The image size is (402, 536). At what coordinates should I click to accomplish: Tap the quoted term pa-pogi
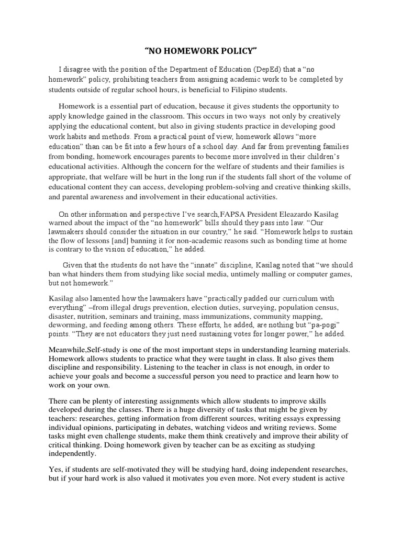coord(323,326)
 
